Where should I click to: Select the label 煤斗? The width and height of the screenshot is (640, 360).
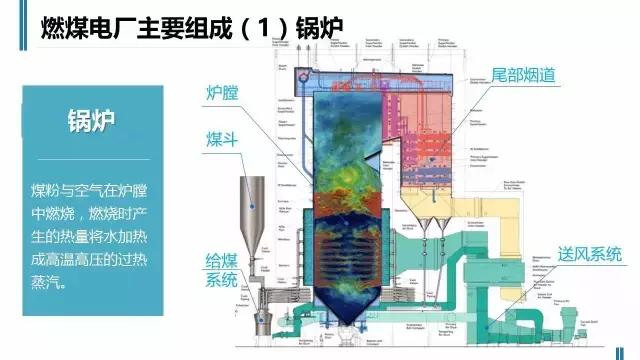[221, 137]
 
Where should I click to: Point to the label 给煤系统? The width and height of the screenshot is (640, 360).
[222, 269]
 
